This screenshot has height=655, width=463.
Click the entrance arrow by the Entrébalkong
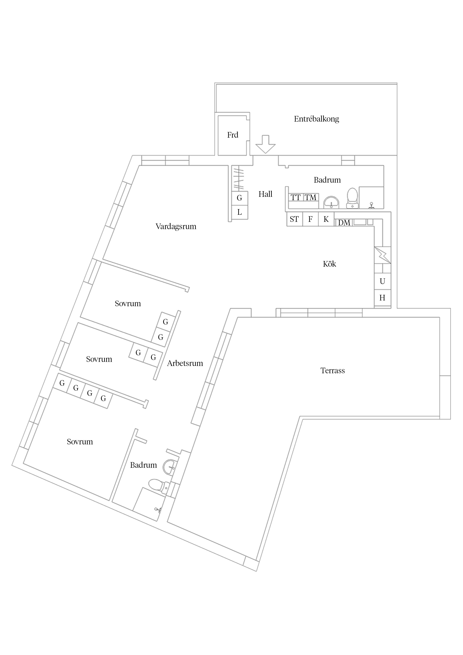(x=265, y=144)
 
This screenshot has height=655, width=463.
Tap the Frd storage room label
(x=232, y=135)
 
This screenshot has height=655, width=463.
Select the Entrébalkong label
(x=316, y=119)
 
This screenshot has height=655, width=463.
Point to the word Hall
(x=265, y=194)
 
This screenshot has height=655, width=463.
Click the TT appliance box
(x=296, y=197)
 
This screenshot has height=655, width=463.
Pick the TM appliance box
(x=310, y=197)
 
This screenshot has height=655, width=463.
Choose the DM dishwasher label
(x=344, y=223)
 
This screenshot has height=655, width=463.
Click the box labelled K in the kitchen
(x=326, y=219)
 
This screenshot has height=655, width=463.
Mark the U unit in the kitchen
(x=382, y=282)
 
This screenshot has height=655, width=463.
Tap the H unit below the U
(x=382, y=298)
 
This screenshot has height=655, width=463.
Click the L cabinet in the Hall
(x=239, y=212)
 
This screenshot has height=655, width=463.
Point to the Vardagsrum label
(x=176, y=226)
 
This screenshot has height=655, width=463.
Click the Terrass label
(x=333, y=371)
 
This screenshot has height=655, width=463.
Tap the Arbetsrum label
(x=185, y=364)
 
